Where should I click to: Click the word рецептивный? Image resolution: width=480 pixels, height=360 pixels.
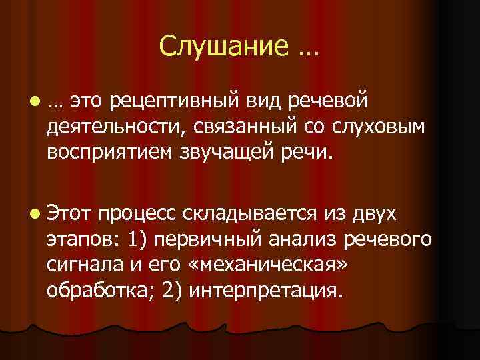coord(175,101)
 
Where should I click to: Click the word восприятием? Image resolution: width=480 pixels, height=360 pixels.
coord(110,153)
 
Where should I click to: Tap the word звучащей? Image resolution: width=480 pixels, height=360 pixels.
coord(233,153)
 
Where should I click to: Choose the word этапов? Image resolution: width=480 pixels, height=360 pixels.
coord(79,239)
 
